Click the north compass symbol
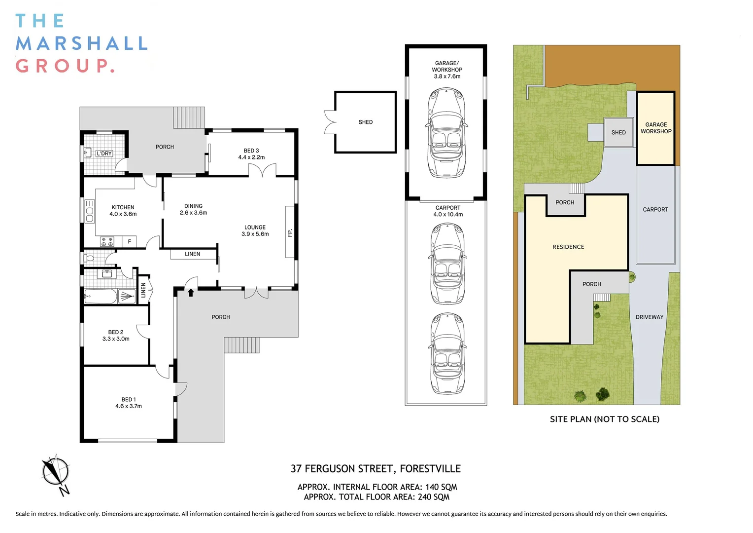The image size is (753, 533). click(x=56, y=474)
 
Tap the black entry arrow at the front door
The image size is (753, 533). click(x=191, y=292)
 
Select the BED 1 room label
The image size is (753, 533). click(x=129, y=399)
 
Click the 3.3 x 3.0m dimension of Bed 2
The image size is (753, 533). click(x=116, y=339)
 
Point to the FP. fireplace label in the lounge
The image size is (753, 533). click(x=290, y=232)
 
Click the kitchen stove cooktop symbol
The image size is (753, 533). click(x=107, y=241)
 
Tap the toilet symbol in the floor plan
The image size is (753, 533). click(x=88, y=259)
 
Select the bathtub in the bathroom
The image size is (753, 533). click(x=101, y=297)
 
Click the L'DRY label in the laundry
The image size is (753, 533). click(x=104, y=153)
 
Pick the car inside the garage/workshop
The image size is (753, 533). click(x=446, y=132)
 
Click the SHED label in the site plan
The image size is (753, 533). click(x=618, y=132)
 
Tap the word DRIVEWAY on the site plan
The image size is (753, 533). click(x=650, y=317)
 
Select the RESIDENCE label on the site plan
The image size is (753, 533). click(x=568, y=247)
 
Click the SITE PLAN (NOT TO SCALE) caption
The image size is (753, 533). click(x=605, y=419)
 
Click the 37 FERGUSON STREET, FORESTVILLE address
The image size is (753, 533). click(x=376, y=469)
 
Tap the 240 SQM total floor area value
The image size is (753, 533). click(x=434, y=497)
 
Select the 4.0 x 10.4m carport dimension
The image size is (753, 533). click(x=448, y=215)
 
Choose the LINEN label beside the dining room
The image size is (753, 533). click(x=192, y=254)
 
